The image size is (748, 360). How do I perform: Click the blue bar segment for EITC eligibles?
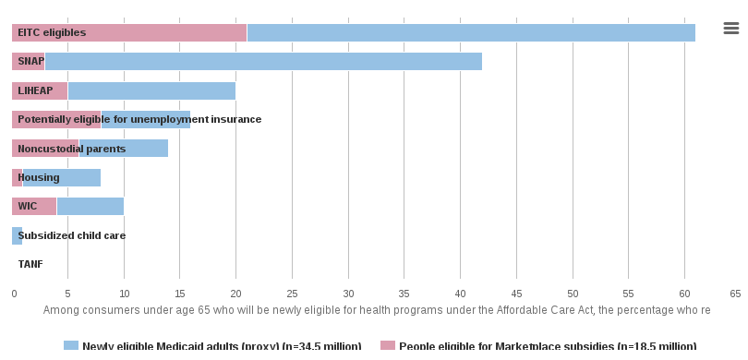coord(471,32)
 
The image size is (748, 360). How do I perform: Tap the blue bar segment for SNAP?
coord(263,62)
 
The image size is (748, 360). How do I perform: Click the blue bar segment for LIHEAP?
coord(151,90)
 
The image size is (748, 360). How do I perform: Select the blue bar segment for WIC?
coord(90,206)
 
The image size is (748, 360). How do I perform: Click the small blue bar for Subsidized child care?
coord(15,235)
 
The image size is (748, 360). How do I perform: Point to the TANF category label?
coord(30,264)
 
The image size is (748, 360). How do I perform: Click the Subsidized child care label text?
coord(72,235)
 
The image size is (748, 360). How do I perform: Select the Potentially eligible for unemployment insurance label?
coord(139,119)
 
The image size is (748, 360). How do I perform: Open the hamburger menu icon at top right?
coord(730,29)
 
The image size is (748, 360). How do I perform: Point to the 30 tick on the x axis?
coord(348,294)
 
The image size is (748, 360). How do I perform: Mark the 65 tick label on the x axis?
coord(735,294)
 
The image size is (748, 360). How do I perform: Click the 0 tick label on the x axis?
coord(14,294)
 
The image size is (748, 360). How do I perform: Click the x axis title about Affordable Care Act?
coord(377,310)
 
